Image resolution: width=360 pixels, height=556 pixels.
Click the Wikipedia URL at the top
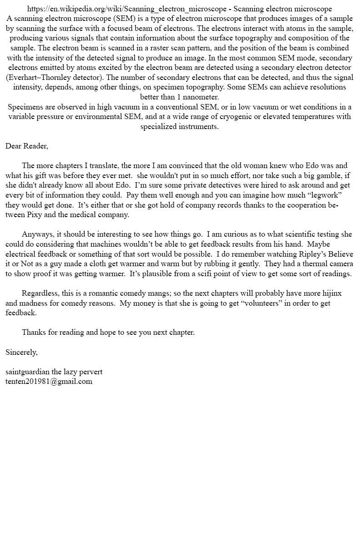[127, 9]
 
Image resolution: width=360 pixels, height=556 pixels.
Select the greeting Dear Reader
[26, 146]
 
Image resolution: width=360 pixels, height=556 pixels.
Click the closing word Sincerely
[21, 352]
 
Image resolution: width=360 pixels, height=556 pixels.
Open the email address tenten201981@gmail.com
[49, 382]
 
